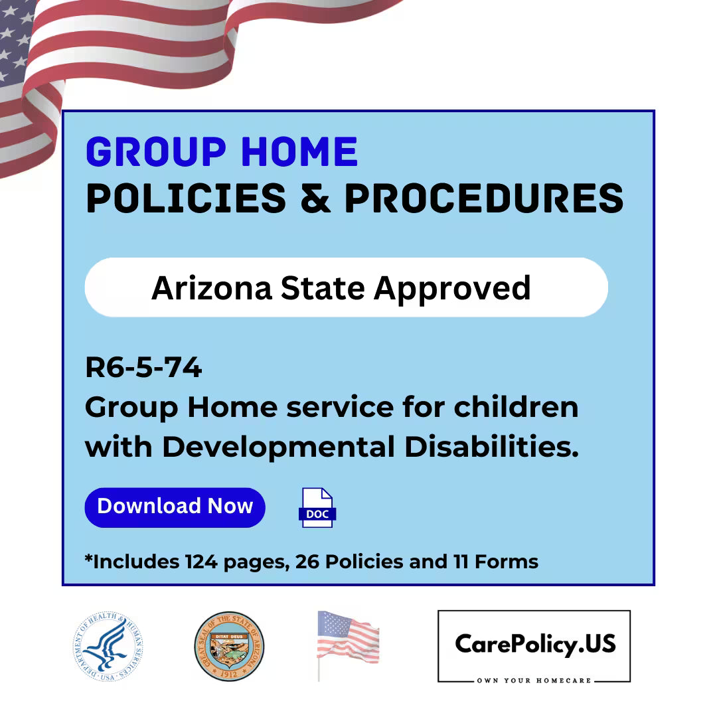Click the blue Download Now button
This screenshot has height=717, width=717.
point(175,507)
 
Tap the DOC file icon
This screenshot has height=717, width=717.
point(317,508)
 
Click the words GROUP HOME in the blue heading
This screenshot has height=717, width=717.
point(222,152)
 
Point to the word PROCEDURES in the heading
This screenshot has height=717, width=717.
point(483,197)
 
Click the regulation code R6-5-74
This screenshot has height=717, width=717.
point(143,367)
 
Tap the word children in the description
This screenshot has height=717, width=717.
point(517,407)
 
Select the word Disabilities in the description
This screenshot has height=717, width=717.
point(491,447)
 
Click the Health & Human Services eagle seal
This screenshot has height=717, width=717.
point(108,646)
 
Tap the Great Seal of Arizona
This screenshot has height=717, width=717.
point(229,646)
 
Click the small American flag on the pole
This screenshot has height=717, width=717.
point(348,639)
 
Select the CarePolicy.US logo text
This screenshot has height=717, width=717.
point(534,643)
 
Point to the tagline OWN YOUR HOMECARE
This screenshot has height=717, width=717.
point(534,680)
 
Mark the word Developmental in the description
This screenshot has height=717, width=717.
point(278,447)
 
